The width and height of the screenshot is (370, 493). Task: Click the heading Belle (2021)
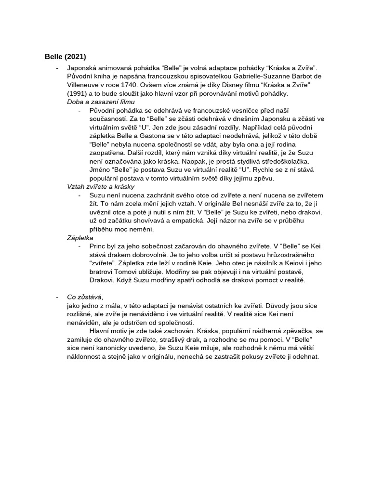[65, 57]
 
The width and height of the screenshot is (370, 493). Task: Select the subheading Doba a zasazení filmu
[101, 102]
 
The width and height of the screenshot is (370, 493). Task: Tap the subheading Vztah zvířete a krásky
[100, 186]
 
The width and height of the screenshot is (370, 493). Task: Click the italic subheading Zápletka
[80, 238]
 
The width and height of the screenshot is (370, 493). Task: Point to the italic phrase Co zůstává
[84, 297]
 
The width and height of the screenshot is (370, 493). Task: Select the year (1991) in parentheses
[79, 93]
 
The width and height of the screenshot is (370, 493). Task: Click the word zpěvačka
[293, 331]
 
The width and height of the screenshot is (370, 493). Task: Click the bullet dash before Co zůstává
[57, 297]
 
